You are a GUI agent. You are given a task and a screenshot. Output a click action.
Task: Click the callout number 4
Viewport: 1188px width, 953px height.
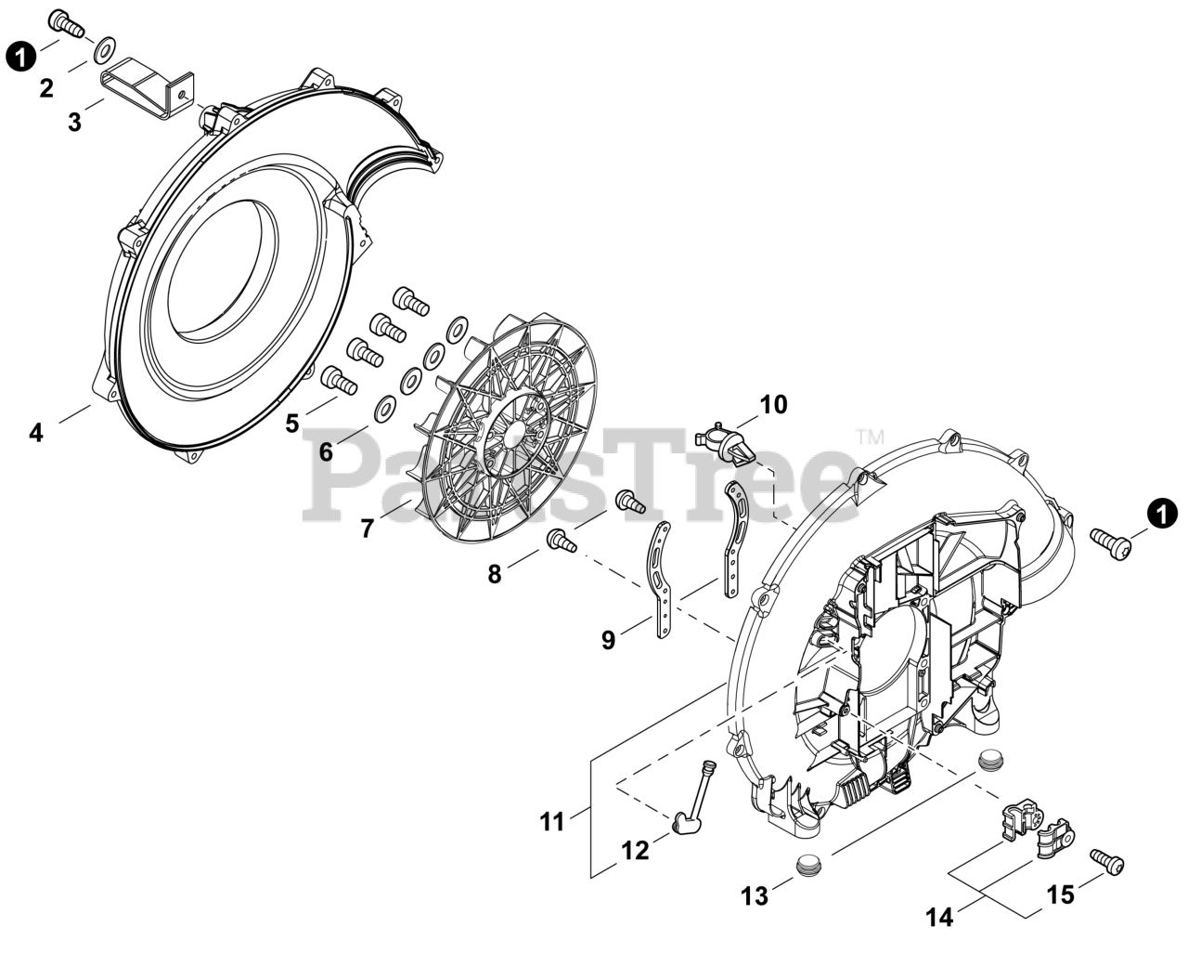tap(35, 433)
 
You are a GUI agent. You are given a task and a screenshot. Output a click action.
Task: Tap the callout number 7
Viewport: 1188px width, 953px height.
tap(368, 529)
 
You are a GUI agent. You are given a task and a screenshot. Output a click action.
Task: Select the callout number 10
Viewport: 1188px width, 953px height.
tap(773, 405)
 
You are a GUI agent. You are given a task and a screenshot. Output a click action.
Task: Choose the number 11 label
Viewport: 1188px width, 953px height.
tap(552, 822)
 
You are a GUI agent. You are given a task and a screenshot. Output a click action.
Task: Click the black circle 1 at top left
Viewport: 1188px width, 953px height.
tap(19, 57)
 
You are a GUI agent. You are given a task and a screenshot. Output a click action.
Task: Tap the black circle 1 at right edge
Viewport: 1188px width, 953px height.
tap(1160, 513)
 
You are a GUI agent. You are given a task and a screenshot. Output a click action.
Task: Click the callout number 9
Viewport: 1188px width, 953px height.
tap(608, 640)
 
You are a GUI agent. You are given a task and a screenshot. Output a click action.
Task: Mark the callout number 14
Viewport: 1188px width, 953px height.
tap(939, 918)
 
